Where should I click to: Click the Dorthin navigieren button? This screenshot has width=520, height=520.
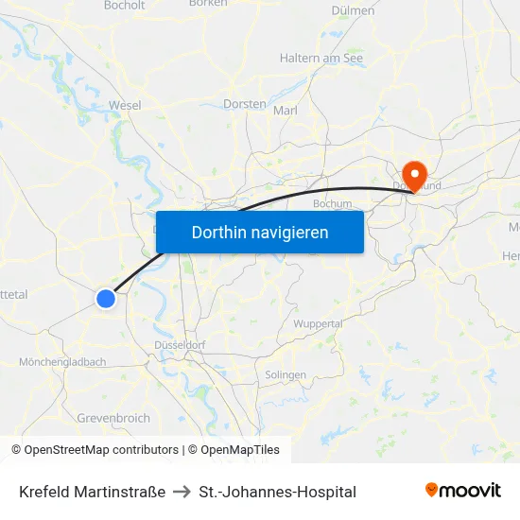tap(259, 232)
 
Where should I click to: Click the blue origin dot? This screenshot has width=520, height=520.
tap(106, 298)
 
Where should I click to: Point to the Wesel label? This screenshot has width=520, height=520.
tap(126, 105)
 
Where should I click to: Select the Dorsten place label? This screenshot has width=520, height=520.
tap(246, 104)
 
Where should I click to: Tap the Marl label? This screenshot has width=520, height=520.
tap(285, 111)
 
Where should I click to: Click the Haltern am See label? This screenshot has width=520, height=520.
tap(321, 58)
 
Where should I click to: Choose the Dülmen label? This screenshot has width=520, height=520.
tap(354, 10)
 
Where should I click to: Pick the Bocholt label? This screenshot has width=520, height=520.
tap(125, 5)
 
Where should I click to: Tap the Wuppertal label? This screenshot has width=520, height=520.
tap(318, 323)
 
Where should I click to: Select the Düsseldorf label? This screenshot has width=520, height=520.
tap(180, 345)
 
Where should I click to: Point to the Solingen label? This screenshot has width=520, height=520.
tap(286, 374)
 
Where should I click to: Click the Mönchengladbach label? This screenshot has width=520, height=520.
tap(62, 362)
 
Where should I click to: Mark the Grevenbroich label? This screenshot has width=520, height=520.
tap(113, 418)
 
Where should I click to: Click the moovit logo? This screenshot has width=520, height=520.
tap(462, 490)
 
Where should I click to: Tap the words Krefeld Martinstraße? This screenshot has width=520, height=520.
tap(92, 492)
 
